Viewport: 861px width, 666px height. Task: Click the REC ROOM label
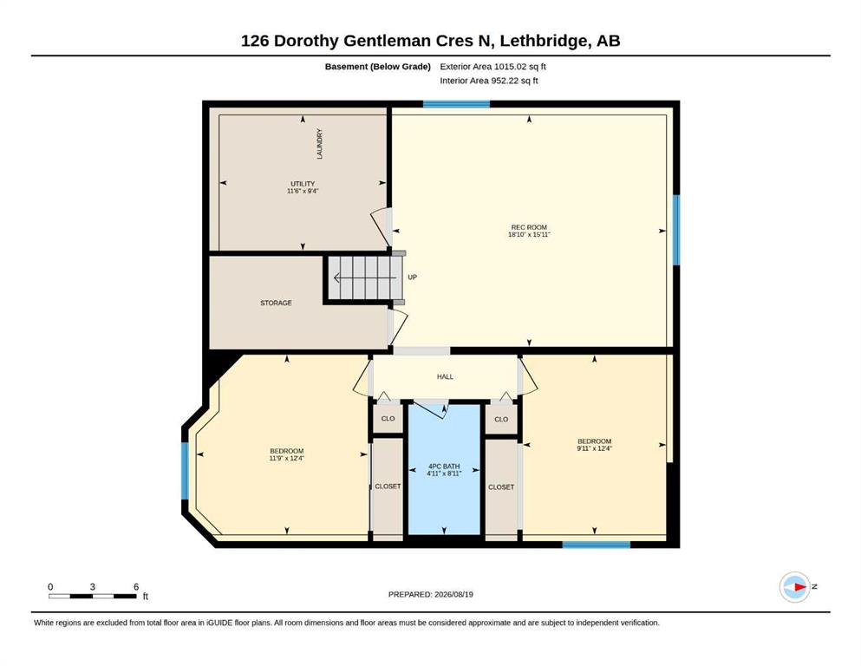coord(529,227)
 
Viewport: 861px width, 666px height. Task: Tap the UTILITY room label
coord(303,184)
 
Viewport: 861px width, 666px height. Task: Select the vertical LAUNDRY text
coord(320,144)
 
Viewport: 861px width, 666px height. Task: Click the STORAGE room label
coord(276,303)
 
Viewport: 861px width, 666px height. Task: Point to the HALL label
coord(445,376)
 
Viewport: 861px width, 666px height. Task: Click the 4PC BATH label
coord(444,467)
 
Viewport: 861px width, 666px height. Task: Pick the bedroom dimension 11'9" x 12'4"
coord(287,458)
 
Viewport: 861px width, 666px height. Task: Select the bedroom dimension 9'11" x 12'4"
coord(594,448)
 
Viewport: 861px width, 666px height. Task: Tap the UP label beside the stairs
coord(413,277)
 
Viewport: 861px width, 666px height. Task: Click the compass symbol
coord(794,587)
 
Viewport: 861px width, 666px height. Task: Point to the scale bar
coord(92,596)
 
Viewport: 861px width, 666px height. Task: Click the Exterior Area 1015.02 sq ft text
coord(492,67)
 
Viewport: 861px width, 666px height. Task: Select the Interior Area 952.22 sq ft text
coord(489,81)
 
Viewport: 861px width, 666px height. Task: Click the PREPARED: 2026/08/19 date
coord(430,594)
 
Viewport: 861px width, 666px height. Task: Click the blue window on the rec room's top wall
coord(456,104)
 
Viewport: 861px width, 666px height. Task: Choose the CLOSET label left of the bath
coord(388,486)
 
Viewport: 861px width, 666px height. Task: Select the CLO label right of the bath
coord(501,419)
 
